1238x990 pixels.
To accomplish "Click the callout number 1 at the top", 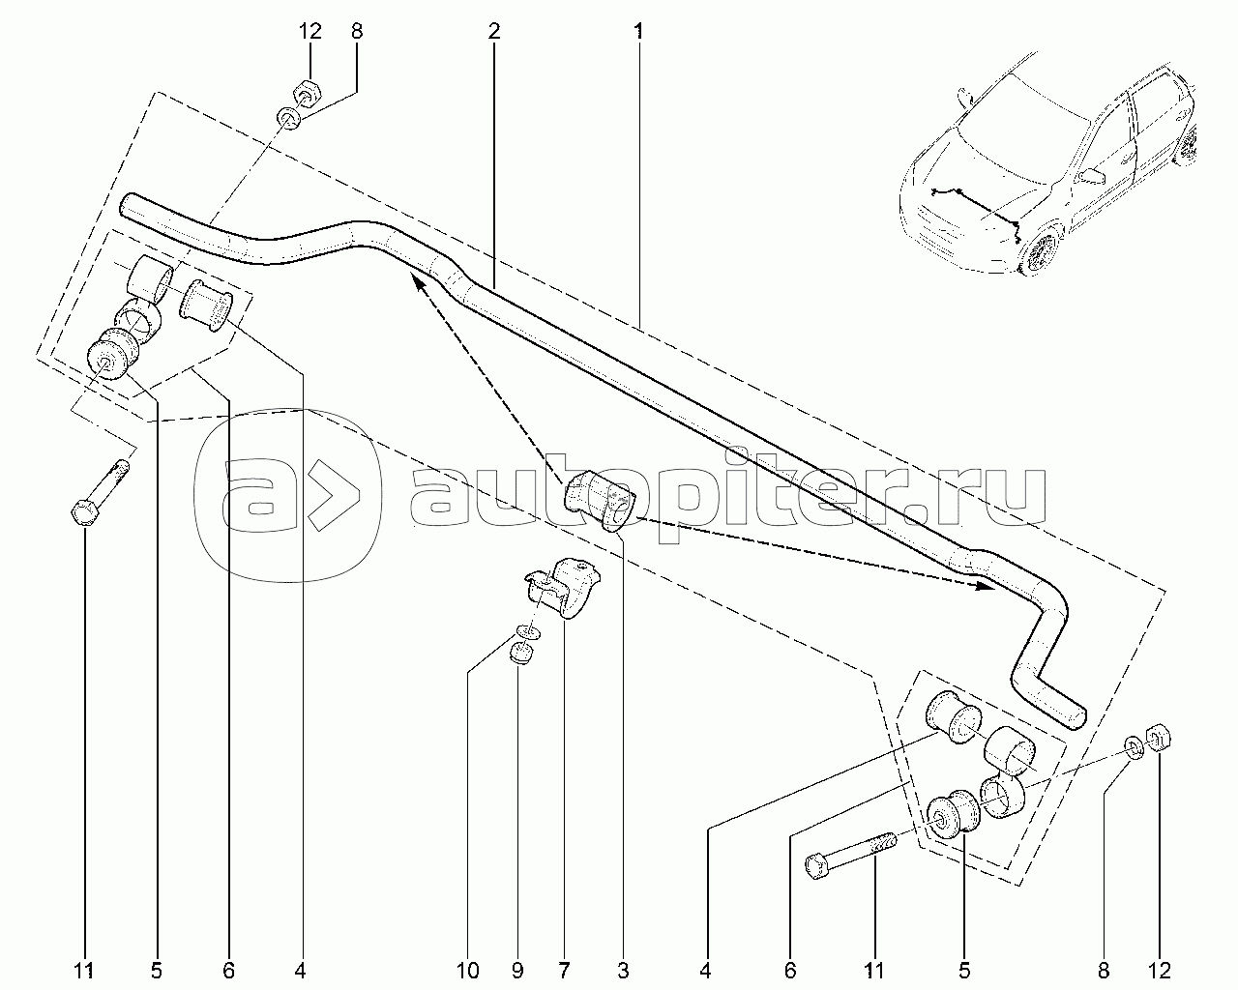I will (x=638, y=31).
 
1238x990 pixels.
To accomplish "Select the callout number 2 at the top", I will (x=493, y=31).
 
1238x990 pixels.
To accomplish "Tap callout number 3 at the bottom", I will (x=624, y=968).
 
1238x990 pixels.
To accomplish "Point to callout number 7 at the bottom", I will (x=564, y=968).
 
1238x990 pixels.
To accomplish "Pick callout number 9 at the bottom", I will (x=517, y=968).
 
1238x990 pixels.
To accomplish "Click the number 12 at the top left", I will (x=309, y=31).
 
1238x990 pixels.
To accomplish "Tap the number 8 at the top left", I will (x=357, y=31).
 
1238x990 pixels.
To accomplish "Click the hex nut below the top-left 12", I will (x=302, y=93).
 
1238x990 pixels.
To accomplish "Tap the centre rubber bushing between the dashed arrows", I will (x=598, y=498).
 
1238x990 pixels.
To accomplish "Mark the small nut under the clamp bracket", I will (x=523, y=655).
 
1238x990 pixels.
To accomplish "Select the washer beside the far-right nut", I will (x=1133, y=745).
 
